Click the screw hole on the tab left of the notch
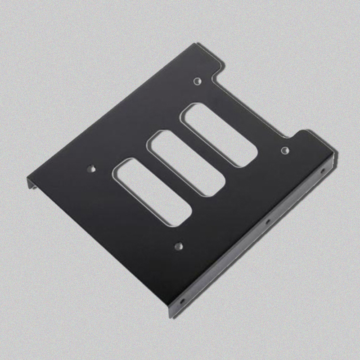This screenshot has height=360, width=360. (x=197, y=81)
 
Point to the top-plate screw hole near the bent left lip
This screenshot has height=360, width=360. (x=92, y=169)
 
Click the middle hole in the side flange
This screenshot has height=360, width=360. (x=267, y=221)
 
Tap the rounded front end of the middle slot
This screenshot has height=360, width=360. (x=211, y=188)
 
